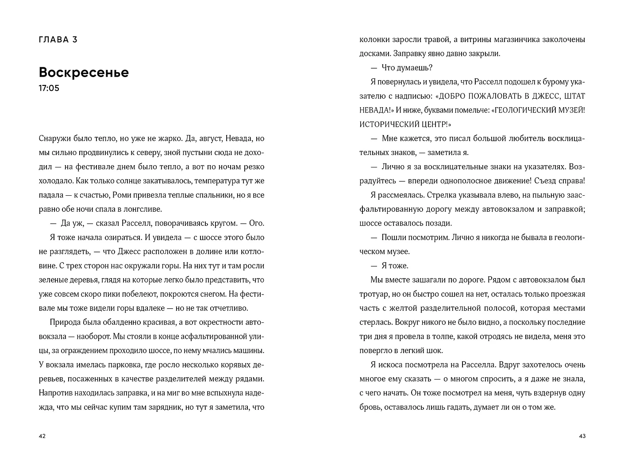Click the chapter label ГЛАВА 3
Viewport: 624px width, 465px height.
click(58, 40)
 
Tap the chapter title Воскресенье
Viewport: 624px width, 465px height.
click(84, 72)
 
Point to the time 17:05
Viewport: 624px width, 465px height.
click(49, 88)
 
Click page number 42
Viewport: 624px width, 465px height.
click(42, 436)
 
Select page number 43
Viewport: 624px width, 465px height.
click(582, 436)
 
